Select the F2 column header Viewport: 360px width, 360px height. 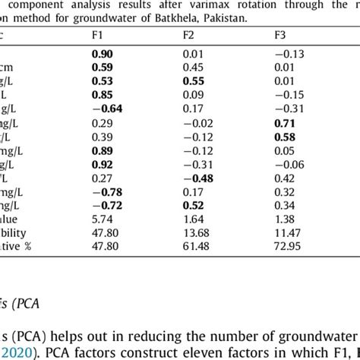(188, 36)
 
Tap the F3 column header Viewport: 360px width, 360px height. (280, 36)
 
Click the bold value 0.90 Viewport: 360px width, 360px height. (103, 54)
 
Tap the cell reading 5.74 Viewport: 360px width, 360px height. (102, 218)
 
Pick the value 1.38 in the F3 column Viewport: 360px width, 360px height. (286, 218)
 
